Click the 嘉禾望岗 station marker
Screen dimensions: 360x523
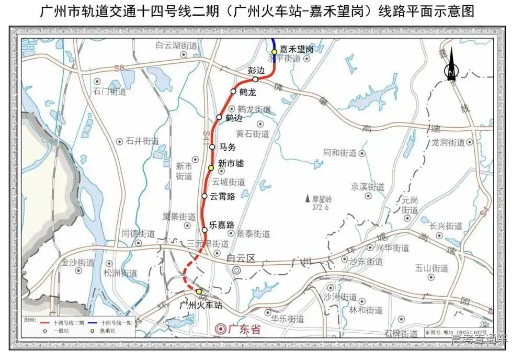[x=274, y=51]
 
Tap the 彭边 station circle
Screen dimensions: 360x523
[x=255, y=80]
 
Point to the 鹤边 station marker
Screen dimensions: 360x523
[x=219, y=117]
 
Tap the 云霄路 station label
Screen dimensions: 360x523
[x=222, y=196]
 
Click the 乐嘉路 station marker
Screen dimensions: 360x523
[x=204, y=230]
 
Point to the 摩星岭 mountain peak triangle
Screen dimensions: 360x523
[x=307, y=199]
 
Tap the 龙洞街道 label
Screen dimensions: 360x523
[x=448, y=142]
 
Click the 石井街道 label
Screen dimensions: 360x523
[x=142, y=141]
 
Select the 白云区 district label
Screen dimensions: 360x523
[x=240, y=258]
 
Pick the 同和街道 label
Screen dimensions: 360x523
[x=340, y=153]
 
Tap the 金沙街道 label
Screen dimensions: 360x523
[x=77, y=263]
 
